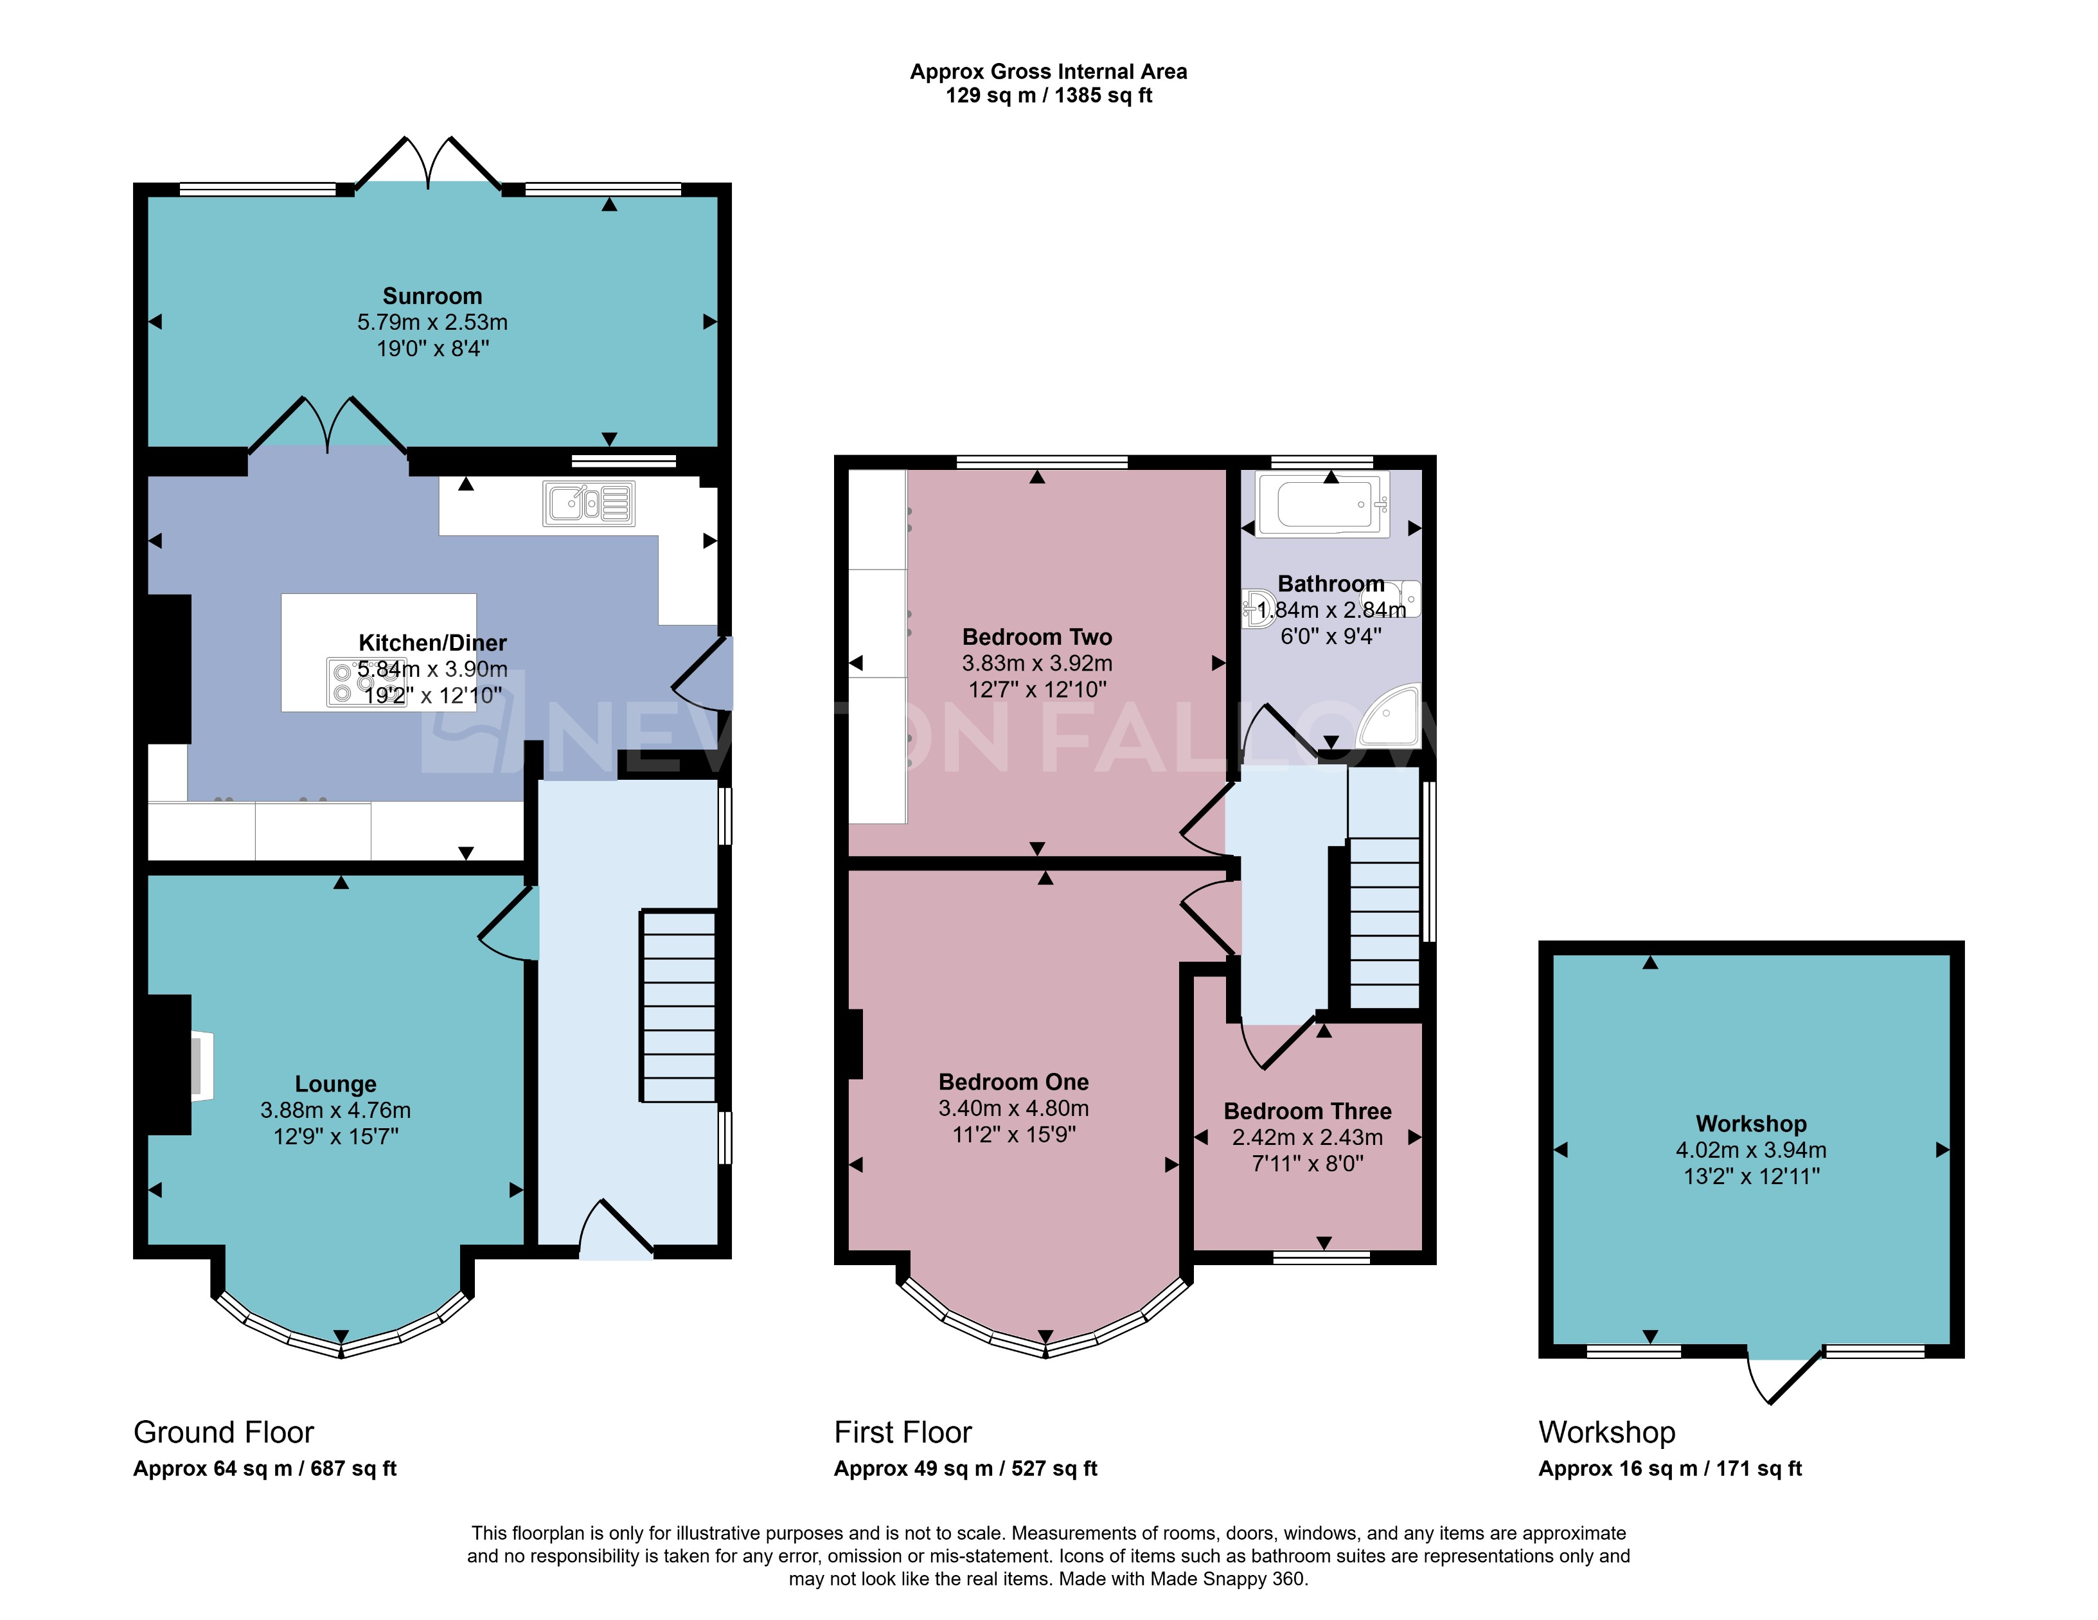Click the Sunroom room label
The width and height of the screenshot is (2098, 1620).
432,296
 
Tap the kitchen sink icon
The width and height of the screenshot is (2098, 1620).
588,503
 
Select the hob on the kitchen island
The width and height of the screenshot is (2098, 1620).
365,682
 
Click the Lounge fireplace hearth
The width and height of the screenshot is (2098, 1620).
200,1065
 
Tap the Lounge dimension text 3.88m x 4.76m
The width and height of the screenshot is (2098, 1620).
335,1110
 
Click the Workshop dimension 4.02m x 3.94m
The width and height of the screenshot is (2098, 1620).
1750,1149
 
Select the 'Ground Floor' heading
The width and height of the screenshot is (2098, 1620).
223,1432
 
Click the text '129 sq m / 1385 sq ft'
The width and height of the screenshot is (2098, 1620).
1048,95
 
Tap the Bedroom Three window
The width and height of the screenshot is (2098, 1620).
1321,1257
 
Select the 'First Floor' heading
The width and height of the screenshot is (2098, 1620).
902,1432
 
